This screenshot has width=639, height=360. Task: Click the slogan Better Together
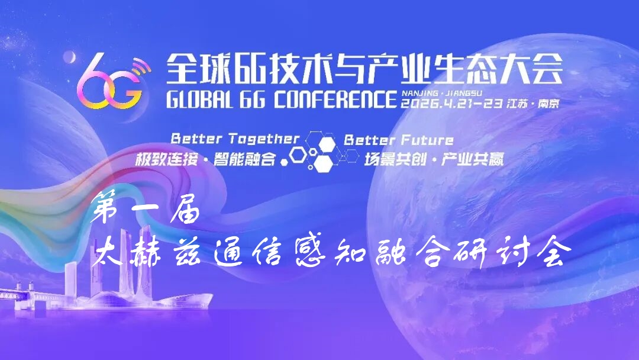235,139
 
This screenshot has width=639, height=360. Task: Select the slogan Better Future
398,140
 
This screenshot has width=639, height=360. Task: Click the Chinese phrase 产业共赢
473,159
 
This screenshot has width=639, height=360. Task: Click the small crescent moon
70,57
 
